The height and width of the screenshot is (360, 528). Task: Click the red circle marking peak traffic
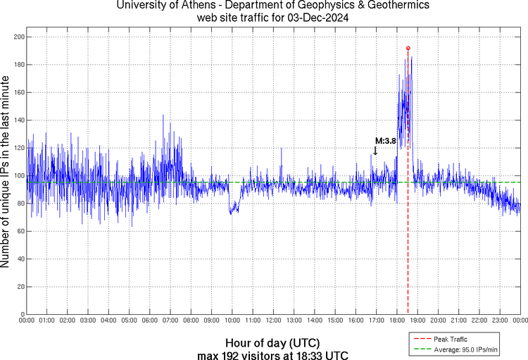coord(408,48)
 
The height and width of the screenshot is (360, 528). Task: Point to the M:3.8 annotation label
coord(385,140)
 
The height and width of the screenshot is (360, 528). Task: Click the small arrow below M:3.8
coord(375,150)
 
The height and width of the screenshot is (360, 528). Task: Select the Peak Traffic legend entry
coord(448,340)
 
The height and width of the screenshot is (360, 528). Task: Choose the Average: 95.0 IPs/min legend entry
coord(462,349)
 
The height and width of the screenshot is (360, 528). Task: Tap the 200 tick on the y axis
coord(18,37)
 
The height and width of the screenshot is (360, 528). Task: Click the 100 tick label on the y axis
coord(18,175)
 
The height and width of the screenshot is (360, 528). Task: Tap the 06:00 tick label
coord(149,321)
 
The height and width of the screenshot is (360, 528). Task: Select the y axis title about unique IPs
coord(6,173)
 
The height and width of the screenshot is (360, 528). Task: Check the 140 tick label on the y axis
coord(18,120)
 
